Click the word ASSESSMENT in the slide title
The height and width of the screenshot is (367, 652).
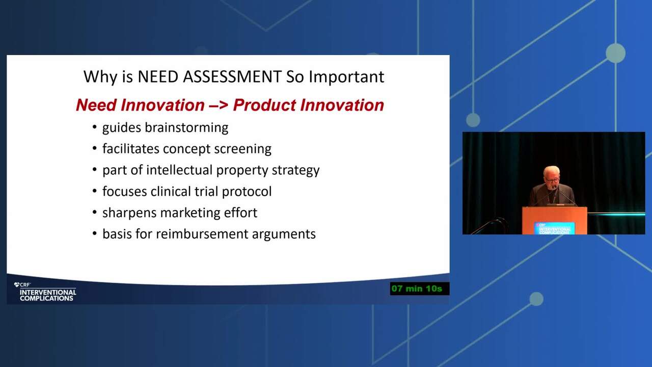(232, 76)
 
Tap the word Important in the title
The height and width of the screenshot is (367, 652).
(346, 77)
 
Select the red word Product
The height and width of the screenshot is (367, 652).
(264, 105)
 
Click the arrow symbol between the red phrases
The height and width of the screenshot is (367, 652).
(219, 105)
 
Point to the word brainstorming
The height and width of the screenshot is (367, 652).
(186, 128)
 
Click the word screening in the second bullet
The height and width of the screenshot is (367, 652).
(243, 149)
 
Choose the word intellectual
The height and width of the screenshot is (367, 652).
(179, 170)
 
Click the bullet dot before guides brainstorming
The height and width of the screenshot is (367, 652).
(94, 127)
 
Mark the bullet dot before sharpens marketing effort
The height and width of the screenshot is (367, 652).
(94, 212)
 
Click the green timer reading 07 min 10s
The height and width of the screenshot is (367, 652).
(417, 289)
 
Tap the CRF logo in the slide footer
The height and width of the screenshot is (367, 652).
(22, 284)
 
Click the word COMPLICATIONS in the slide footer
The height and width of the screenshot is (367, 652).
(46, 298)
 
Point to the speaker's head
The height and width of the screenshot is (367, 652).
(551, 175)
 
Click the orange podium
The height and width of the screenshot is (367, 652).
(555, 221)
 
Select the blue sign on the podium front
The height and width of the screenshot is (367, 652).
(554, 228)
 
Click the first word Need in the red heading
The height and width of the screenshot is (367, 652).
(96, 105)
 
